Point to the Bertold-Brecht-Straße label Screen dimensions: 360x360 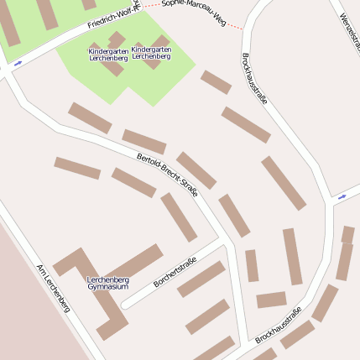167,175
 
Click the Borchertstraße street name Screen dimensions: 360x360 175,273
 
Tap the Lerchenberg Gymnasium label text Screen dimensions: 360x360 108,282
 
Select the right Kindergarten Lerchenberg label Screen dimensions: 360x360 151,53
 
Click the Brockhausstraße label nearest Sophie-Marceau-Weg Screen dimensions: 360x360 254,79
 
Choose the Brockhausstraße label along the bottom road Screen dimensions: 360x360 279,326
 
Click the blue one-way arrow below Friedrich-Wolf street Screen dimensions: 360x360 18,63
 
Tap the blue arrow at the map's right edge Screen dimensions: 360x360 342,197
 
